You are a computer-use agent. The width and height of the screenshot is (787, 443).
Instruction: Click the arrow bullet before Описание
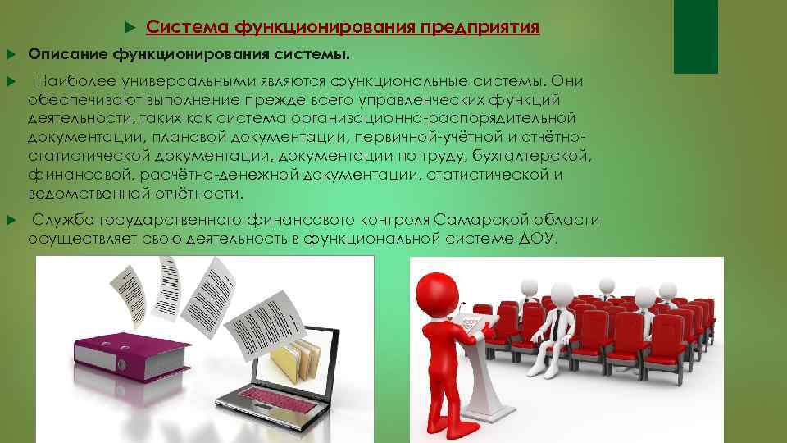click(11, 55)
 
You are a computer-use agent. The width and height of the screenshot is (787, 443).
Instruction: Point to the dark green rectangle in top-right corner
click(695, 37)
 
